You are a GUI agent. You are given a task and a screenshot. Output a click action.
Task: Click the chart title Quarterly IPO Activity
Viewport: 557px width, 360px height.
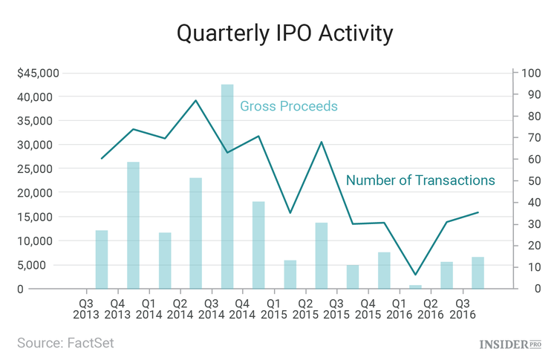coord(278,33)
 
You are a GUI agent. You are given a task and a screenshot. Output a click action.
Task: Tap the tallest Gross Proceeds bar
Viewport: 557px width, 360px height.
coord(227,186)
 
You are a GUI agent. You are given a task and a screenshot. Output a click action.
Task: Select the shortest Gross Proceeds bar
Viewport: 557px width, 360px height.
coord(415,287)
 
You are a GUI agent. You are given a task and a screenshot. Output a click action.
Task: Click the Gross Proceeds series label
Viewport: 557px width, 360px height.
coord(288,106)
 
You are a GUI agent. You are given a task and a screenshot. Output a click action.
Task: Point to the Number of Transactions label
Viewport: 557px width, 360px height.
coord(420,180)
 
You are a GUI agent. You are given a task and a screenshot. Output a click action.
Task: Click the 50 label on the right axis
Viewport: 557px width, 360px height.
coord(529,180)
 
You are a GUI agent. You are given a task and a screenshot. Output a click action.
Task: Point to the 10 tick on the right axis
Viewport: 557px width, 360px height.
coord(529,266)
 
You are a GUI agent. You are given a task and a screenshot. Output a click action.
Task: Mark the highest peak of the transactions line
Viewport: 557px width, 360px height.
coord(195,100)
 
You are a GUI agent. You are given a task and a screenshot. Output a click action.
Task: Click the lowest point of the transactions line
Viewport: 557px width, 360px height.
coord(415,275)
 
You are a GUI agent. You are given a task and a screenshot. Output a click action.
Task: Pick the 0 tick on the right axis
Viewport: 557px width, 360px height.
coord(526,288)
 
